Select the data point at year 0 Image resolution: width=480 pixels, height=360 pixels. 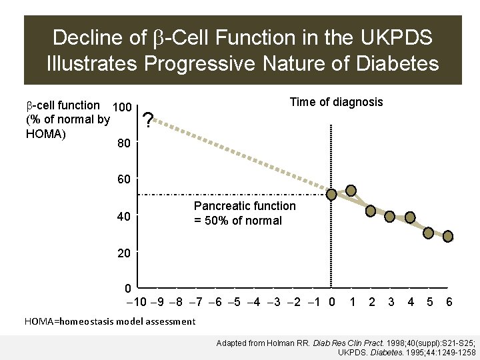(332, 195)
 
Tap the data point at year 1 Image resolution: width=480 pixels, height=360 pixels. (351, 190)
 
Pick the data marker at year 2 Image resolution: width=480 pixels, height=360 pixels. (371, 211)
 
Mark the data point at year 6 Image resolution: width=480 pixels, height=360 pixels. (449, 236)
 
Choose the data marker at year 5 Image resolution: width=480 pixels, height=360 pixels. (429, 233)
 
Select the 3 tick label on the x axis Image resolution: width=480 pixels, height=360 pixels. (391, 302)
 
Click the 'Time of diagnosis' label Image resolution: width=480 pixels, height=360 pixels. (336, 102)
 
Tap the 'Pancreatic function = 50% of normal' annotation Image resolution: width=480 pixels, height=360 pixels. (244, 214)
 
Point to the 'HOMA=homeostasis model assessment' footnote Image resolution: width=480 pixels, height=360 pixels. (110, 321)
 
